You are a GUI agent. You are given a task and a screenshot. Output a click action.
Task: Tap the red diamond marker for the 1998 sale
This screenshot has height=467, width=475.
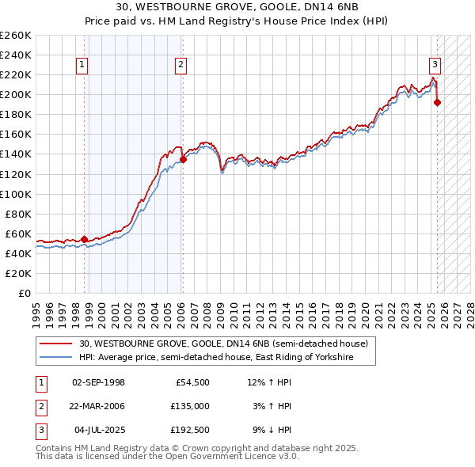coord(85,239)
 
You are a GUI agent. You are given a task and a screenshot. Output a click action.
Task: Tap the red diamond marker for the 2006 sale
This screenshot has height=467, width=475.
coord(183,159)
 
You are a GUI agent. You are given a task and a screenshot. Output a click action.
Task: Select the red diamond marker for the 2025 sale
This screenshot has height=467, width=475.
coord(438,102)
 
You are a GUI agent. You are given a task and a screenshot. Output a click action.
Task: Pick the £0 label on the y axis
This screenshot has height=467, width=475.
coord(25,293)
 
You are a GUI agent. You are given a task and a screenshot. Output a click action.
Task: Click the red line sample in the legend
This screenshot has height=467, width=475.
coord(56,344)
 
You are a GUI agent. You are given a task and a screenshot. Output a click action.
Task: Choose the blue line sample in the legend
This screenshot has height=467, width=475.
coord(56,358)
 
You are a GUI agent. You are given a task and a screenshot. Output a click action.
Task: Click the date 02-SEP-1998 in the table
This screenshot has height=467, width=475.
coord(98,382)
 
